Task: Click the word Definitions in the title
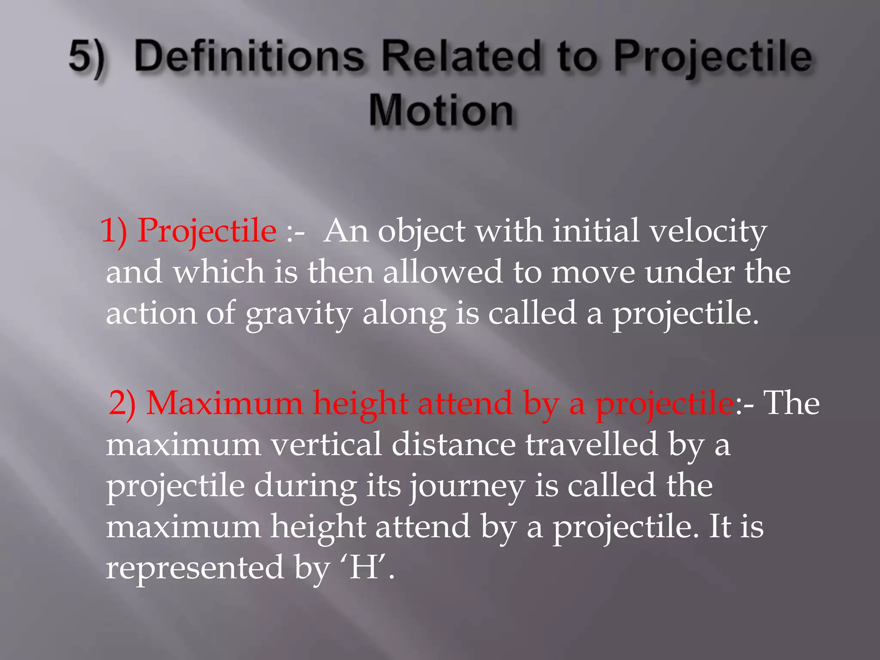(249, 57)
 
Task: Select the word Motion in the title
(441, 111)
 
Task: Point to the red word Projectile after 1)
(207, 231)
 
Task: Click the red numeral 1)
(114, 231)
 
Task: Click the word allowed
(443, 272)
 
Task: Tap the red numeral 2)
(122, 404)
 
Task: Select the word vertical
(326, 445)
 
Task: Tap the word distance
(453, 445)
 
